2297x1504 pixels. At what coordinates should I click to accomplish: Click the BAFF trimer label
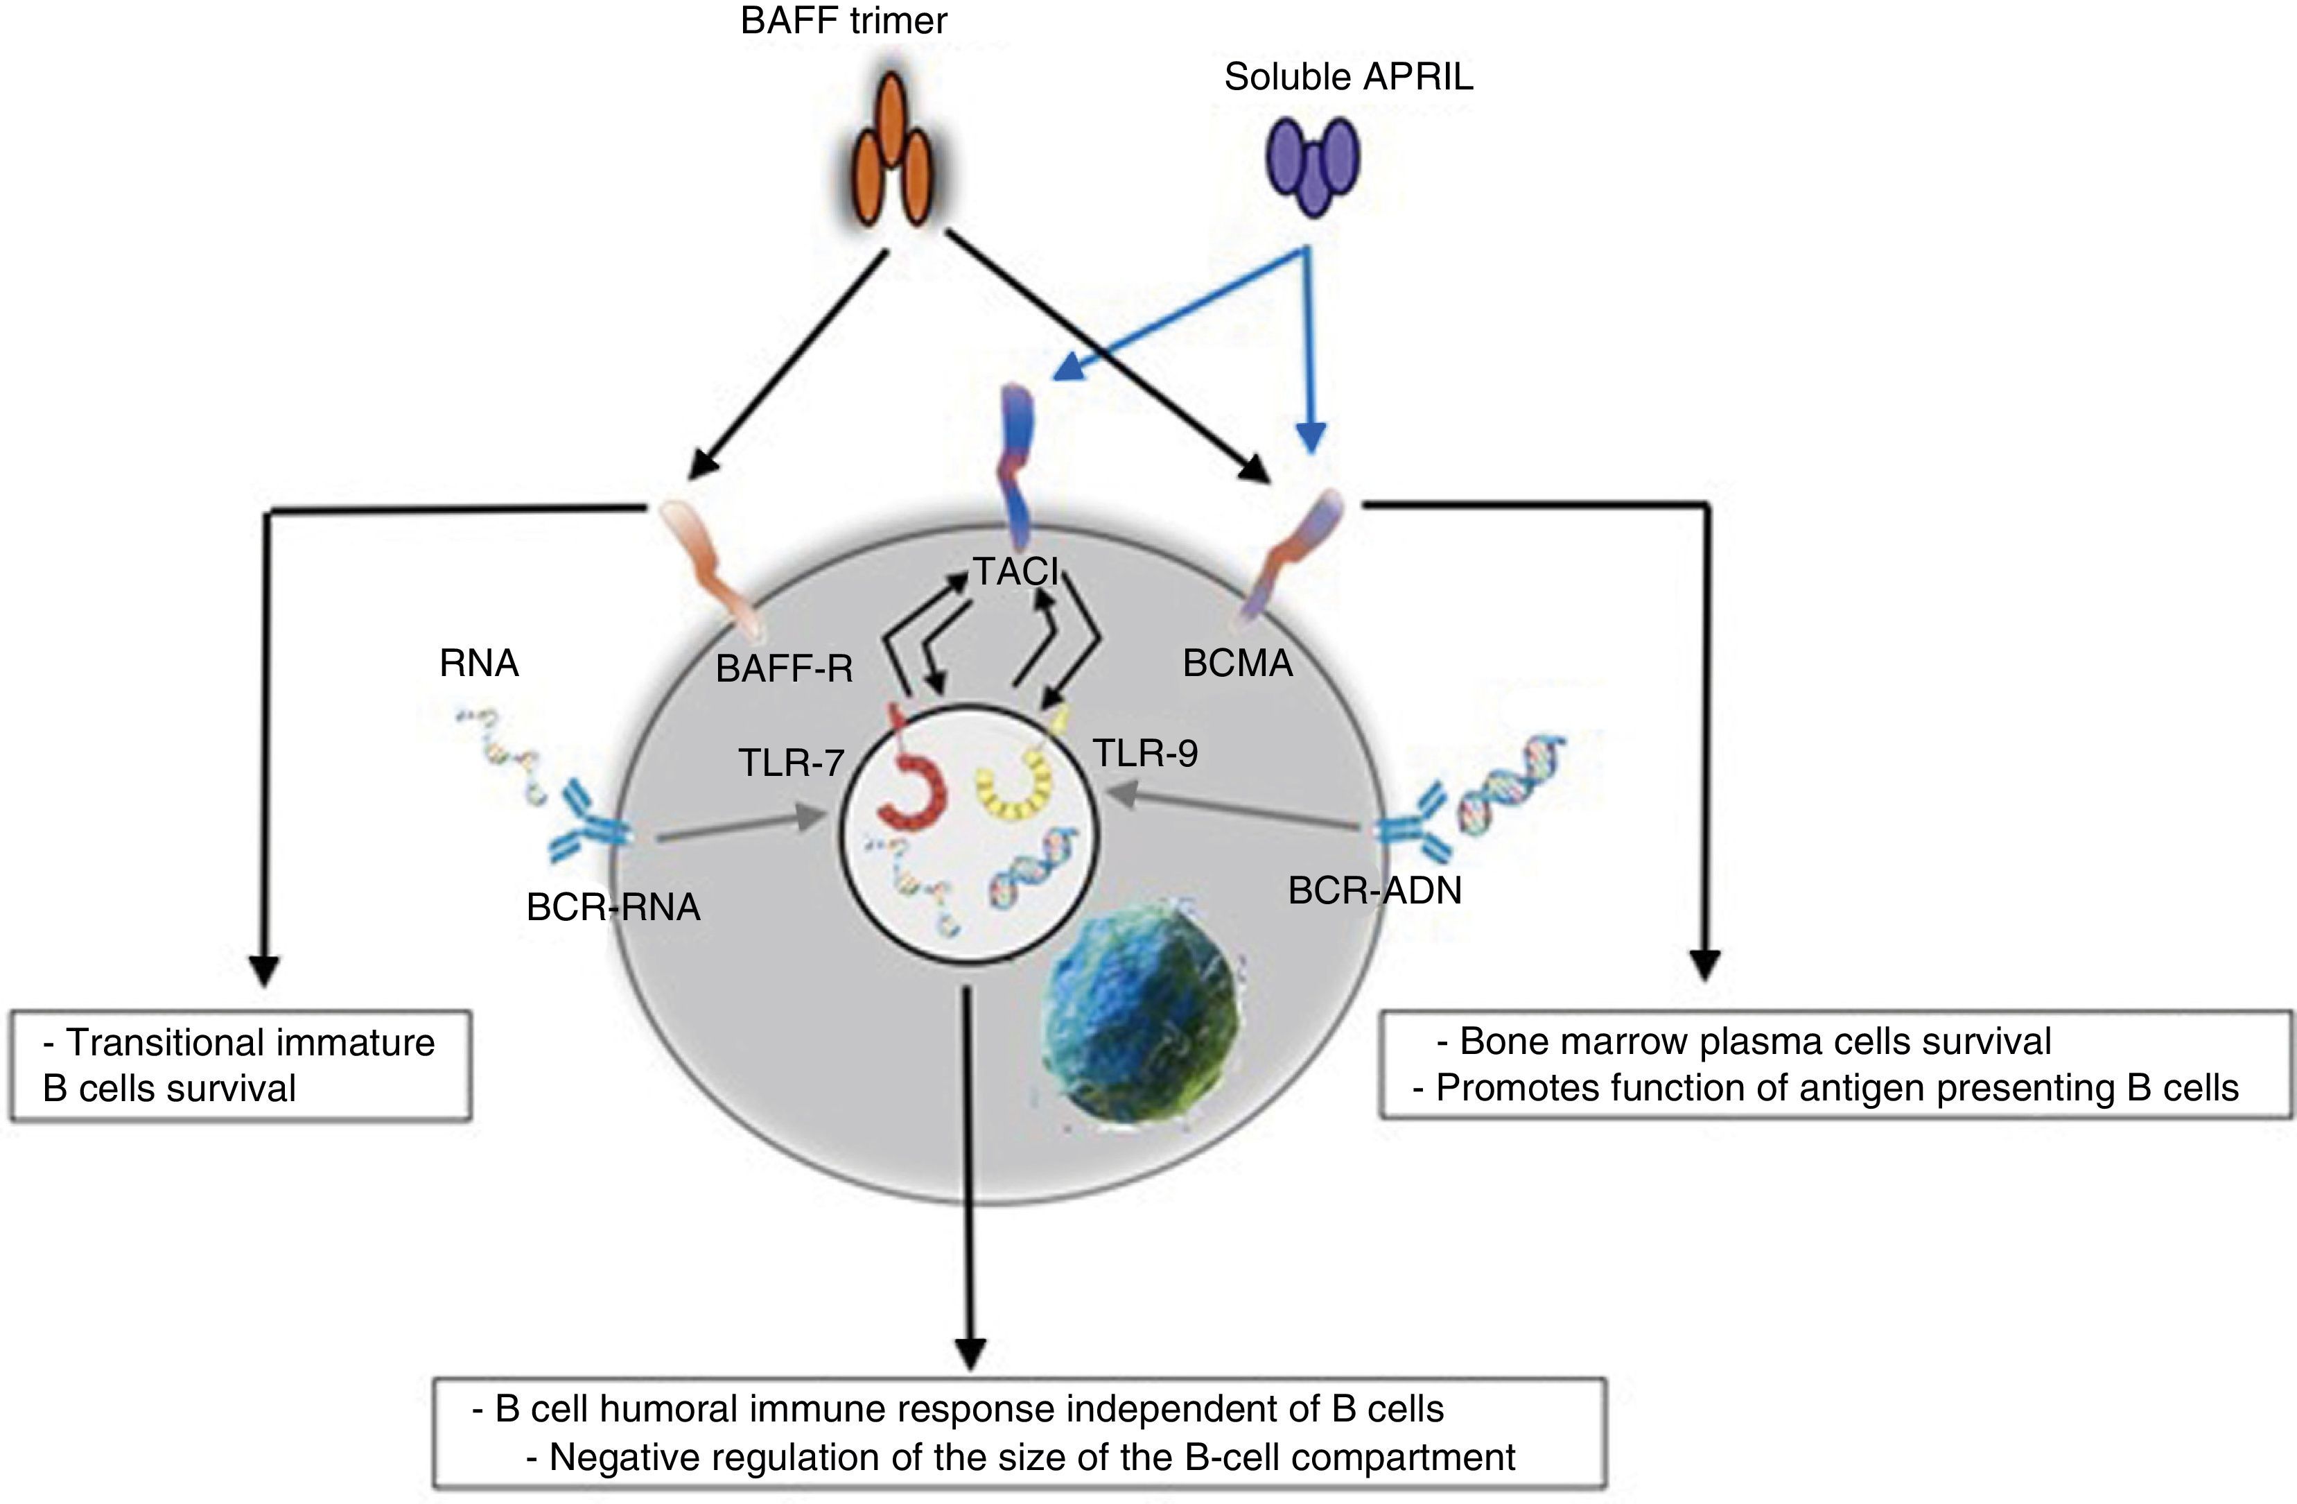844,20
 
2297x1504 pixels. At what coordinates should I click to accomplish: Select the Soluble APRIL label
1348,77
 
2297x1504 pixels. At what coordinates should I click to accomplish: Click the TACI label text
1016,573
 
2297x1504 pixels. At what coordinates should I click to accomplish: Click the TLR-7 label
792,763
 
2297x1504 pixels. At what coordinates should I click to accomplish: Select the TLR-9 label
1146,753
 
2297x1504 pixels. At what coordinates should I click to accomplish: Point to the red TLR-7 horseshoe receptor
912,772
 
